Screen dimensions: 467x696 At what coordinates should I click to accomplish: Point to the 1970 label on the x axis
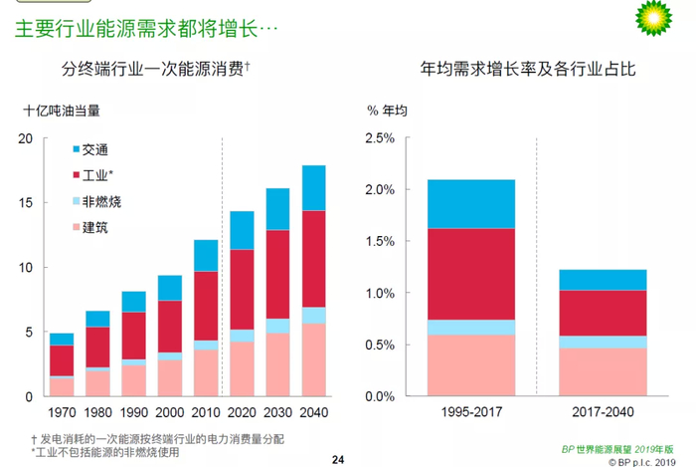click(x=62, y=411)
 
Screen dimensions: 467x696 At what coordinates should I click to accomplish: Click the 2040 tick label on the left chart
click(x=313, y=411)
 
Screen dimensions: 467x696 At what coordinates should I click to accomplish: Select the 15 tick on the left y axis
click(x=26, y=202)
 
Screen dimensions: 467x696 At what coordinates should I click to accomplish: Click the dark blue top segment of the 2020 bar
click(x=242, y=230)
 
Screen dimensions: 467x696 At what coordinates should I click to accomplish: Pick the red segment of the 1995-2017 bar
click(x=470, y=274)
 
